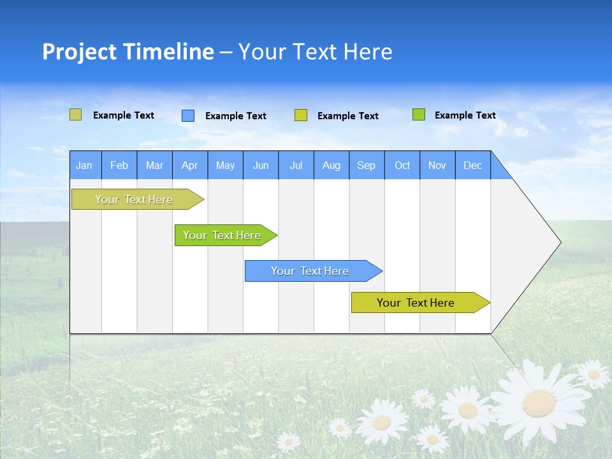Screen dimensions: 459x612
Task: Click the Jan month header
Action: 84,165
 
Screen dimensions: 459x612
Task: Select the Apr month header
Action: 189,165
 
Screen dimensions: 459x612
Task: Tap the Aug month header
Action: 331,165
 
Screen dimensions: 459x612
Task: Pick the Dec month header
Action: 472,165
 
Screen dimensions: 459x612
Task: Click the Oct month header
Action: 402,165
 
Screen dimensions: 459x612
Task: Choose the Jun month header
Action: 260,165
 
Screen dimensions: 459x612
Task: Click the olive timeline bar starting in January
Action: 134,200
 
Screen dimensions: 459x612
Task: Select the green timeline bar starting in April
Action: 222,235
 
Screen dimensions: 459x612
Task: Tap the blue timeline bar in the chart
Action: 310,271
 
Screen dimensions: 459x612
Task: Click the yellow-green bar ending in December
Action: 416,303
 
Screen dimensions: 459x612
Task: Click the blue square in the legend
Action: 187,115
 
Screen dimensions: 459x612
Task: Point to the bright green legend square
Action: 418,115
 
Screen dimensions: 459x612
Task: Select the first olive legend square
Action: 75,115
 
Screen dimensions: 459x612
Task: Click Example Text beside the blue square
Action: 235,116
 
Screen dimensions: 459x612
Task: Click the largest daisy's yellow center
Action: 539,403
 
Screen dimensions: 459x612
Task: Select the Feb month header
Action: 119,165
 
